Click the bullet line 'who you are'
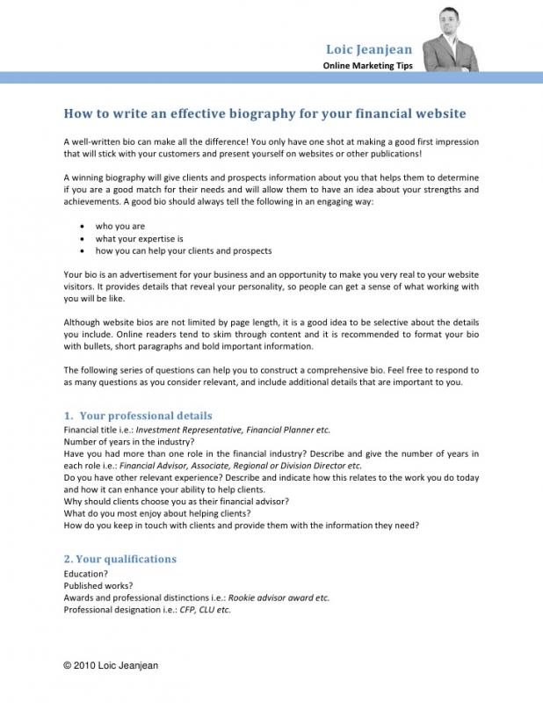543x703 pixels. pos(120,226)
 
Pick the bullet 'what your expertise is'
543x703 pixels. pos(139,238)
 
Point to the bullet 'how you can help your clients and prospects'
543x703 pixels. pos(184,250)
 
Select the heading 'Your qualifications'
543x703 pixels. pos(127,559)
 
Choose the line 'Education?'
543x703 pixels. pos(86,573)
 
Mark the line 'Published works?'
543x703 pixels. pos(98,585)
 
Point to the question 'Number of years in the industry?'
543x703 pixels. pos(128,441)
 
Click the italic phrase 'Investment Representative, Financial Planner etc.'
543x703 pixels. pos(233,430)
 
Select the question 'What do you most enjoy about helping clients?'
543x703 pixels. pos(157,513)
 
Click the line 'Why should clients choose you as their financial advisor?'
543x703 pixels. pos(177,501)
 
